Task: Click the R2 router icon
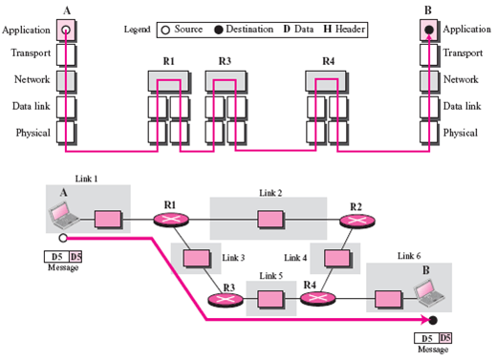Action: click(357, 221)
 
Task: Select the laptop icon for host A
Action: click(64, 215)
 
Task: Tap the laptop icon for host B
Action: click(429, 293)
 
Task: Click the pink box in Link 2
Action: click(270, 220)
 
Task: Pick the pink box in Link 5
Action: click(270, 299)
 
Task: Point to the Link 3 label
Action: click(233, 258)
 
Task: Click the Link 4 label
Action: click(295, 258)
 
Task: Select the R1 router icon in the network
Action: click(171, 220)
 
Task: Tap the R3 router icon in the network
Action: click(226, 300)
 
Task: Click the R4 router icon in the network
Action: click(317, 298)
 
